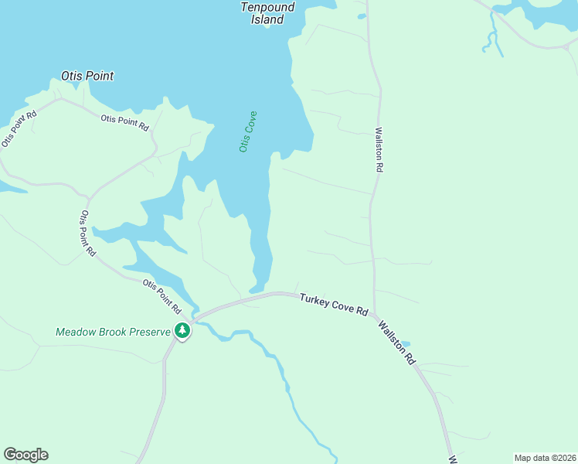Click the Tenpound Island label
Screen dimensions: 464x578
267,13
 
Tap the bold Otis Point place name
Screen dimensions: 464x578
87,76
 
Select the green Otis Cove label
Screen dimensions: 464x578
248,131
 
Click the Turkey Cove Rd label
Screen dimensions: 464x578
334,304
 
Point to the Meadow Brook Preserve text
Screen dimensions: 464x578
113,332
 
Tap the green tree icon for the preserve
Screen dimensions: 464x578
182,331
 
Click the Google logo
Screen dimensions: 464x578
25,455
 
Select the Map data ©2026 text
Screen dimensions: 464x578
546,458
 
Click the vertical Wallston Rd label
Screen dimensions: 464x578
379,149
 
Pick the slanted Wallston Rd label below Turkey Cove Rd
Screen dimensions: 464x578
396,340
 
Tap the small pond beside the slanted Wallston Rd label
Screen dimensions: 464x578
406,343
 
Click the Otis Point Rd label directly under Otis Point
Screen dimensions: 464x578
124,121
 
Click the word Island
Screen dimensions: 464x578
267,20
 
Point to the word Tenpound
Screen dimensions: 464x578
267,7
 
